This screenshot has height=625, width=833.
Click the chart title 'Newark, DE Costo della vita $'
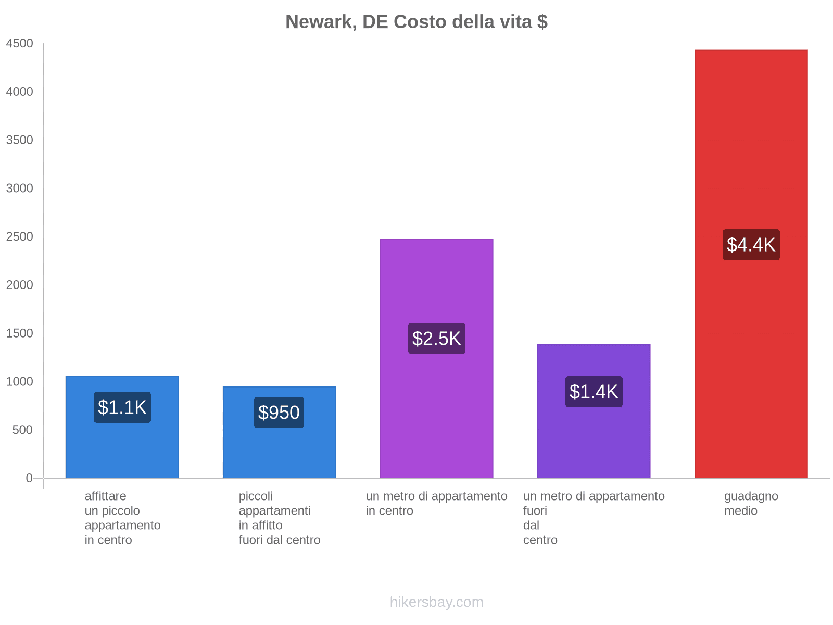point(416,22)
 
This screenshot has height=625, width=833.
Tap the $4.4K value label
point(751,245)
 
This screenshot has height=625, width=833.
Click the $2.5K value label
point(436,339)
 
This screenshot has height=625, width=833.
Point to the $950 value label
point(279,413)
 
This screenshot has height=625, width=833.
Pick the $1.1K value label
point(122,407)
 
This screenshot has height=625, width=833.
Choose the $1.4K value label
point(594,392)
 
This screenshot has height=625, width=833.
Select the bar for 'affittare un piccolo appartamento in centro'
point(122,448)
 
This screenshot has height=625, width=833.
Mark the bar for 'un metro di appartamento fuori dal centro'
point(594,443)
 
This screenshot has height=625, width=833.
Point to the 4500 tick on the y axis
point(20,44)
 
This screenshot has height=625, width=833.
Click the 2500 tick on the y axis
point(20,237)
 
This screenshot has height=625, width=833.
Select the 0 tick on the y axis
point(29,478)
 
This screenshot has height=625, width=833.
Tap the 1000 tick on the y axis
point(20,382)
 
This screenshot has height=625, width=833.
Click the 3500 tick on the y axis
point(20,140)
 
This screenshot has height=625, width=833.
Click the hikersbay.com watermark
point(436,602)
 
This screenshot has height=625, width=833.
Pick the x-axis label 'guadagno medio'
point(751,504)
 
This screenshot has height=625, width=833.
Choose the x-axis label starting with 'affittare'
point(122,518)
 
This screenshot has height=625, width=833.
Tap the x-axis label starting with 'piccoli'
point(279,518)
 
